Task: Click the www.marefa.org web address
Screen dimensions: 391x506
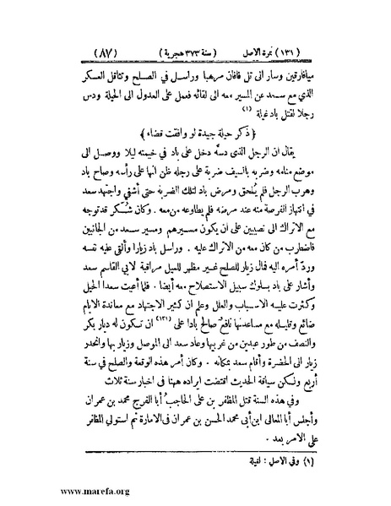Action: click(41, 497)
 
